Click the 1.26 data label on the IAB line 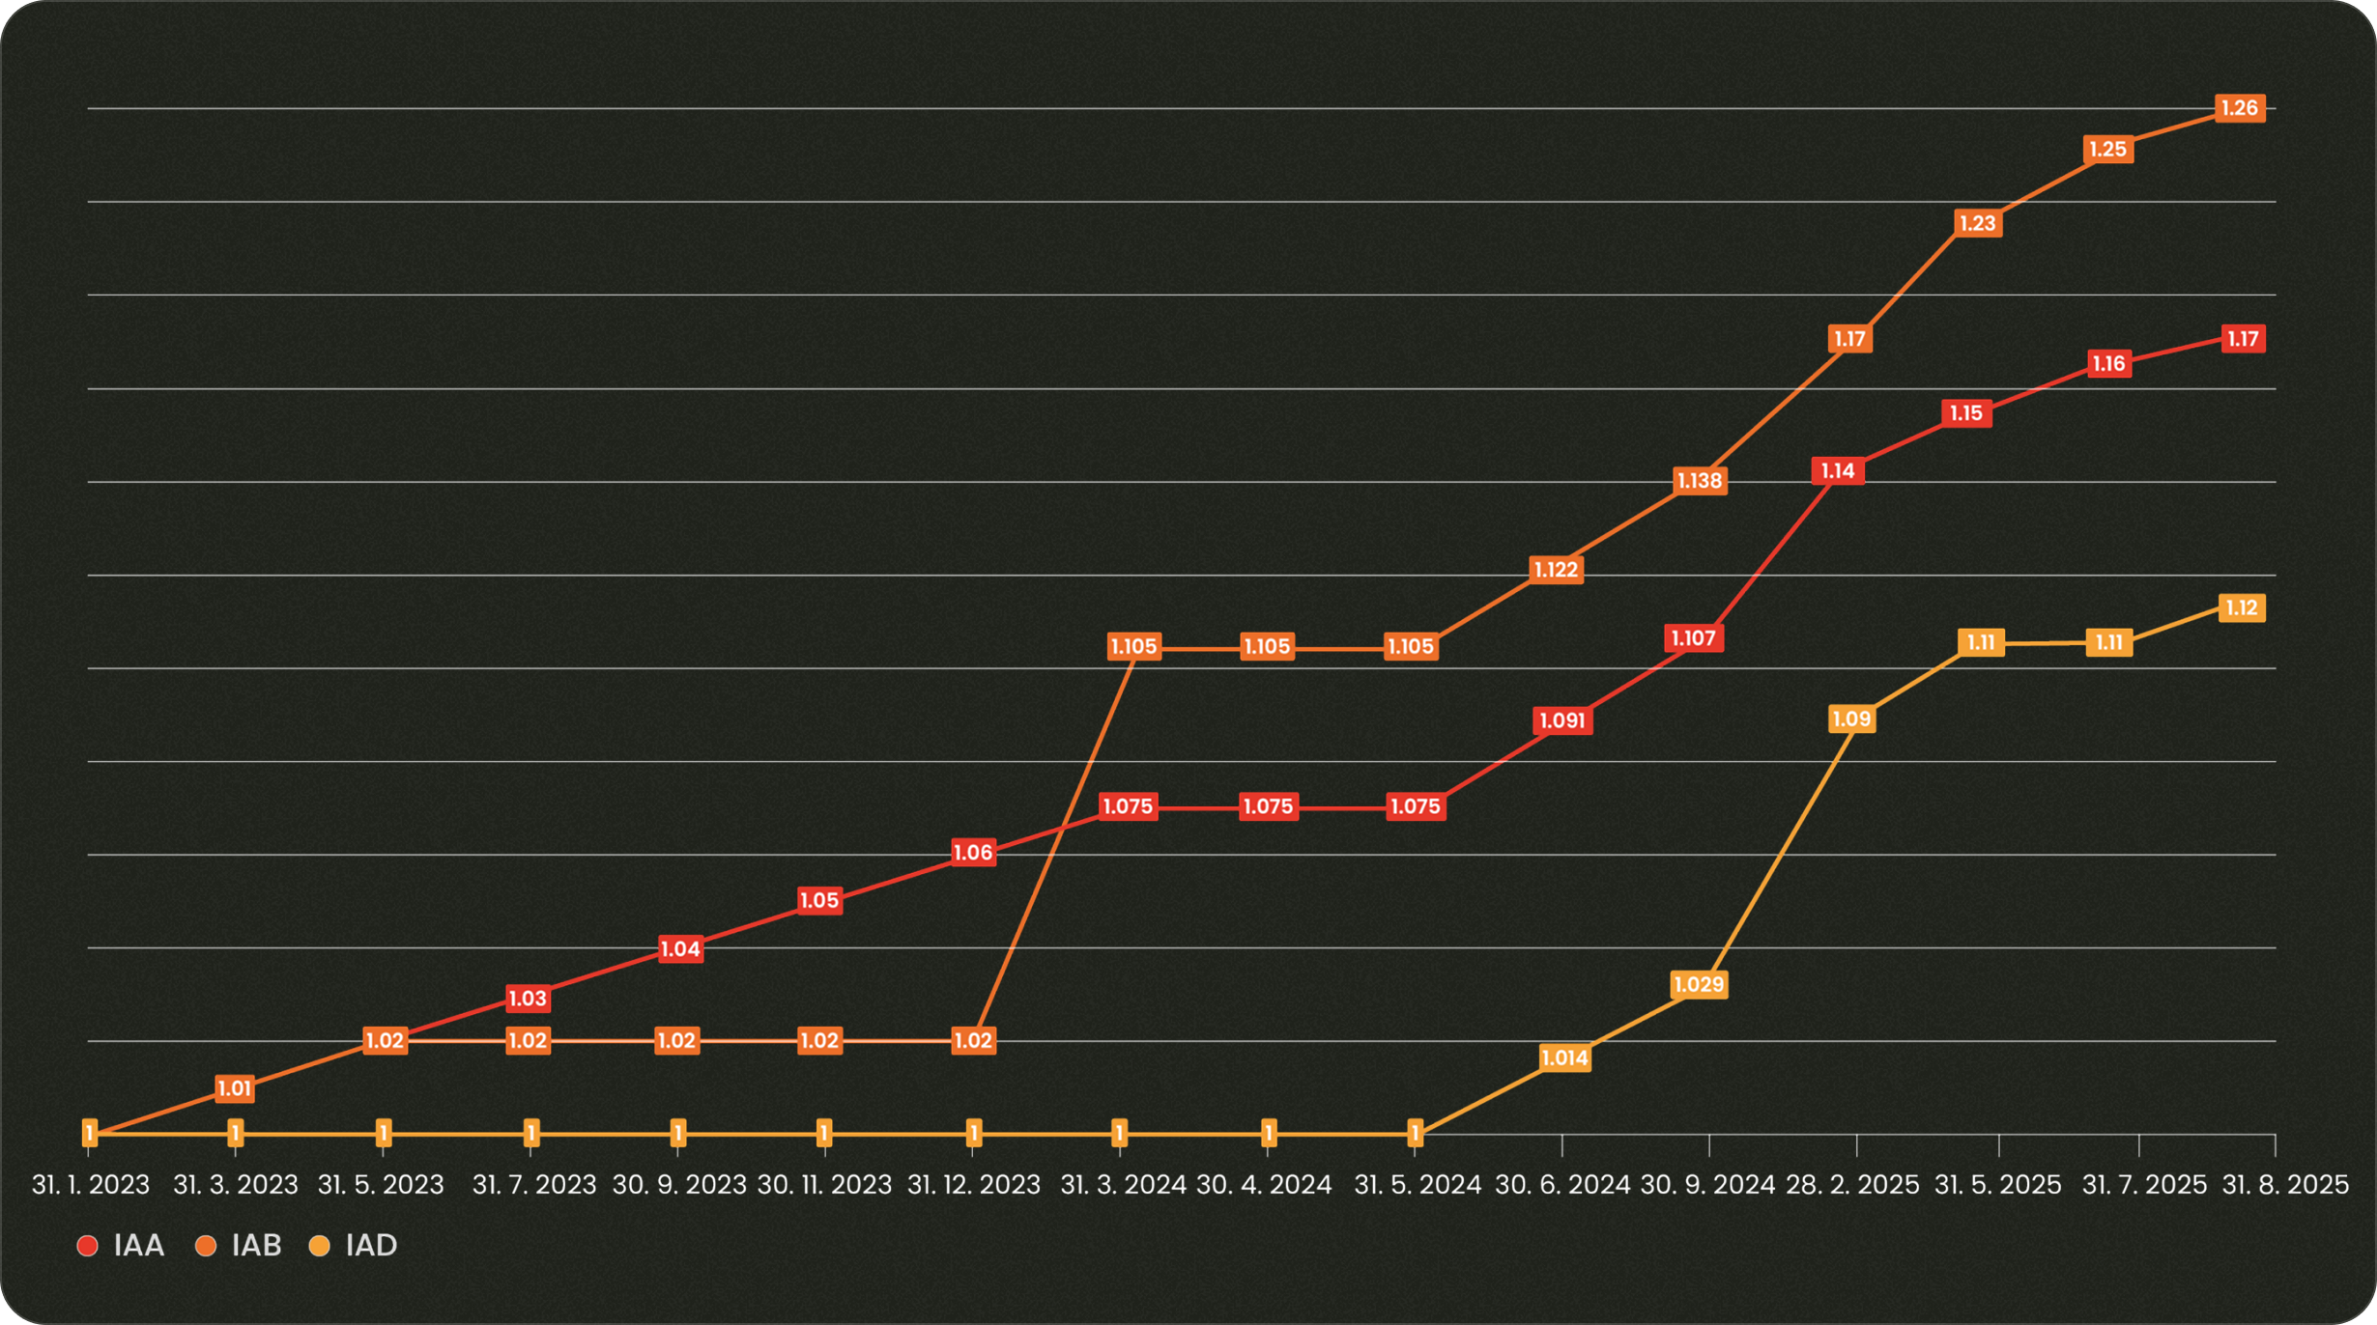click(x=2239, y=108)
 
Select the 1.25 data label click(x=2107, y=150)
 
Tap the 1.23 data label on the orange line click(x=1977, y=224)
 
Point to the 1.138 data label click(x=1699, y=481)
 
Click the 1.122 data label click(x=1556, y=570)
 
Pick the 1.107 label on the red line click(x=1693, y=638)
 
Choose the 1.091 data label click(x=1561, y=721)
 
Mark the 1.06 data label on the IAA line click(x=973, y=853)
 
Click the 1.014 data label click(x=1564, y=1058)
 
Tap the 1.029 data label click(x=1698, y=985)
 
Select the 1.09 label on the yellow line click(x=1851, y=719)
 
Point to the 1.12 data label click(x=2241, y=608)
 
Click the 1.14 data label click(x=1838, y=471)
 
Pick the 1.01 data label click(x=235, y=1089)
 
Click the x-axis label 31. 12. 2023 click(x=973, y=1185)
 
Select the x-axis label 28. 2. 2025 click(x=1852, y=1185)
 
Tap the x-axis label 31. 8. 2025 click(x=2284, y=1185)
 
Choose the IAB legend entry click(x=240, y=1246)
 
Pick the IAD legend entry click(x=354, y=1246)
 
